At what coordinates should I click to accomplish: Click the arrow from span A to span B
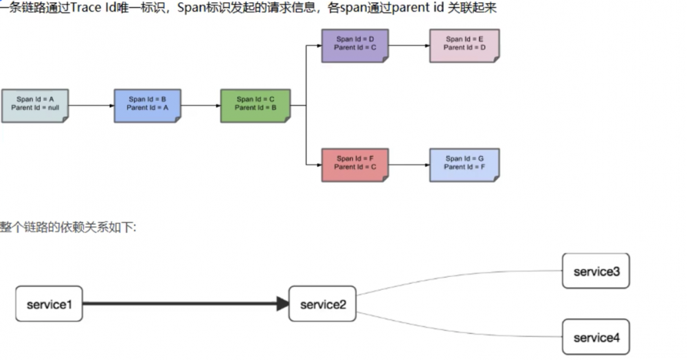click(x=91, y=106)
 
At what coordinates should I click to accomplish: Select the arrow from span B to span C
click(x=201, y=106)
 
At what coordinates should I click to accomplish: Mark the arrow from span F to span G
click(x=409, y=165)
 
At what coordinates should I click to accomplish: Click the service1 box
click(x=49, y=304)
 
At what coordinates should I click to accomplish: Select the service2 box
click(x=322, y=304)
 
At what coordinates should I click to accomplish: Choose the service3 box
click(x=596, y=271)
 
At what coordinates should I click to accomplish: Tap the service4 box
click(x=596, y=337)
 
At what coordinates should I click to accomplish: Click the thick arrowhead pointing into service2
click(x=282, y=304)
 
